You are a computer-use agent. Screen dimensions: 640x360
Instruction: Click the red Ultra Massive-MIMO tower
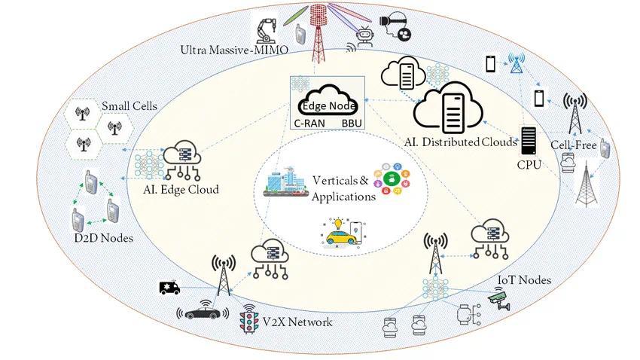coord(318,35)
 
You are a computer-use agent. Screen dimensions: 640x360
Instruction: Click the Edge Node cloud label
coord(328,106)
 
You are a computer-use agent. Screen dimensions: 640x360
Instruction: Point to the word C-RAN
coord(309,124)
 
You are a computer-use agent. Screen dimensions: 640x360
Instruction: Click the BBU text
coord(352,124)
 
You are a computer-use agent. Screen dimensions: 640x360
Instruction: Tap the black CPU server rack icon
coord(528,141)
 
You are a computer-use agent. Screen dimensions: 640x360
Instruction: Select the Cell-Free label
coord(574,145)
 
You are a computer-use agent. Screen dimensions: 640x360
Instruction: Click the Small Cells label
coord(130,106)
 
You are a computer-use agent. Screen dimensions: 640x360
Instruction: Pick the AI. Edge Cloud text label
coord(181,190)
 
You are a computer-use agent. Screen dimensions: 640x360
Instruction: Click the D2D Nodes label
coord(104,238)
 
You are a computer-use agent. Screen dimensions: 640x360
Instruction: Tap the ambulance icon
coord(169,288)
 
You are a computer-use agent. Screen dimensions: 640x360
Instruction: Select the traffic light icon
coord(249,319)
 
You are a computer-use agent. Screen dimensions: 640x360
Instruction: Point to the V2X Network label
coord(297,322)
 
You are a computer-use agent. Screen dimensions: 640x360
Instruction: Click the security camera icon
coord(500,299)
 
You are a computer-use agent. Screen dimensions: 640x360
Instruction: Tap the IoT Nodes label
coord(525,280)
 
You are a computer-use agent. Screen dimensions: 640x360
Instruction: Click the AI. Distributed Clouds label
coord(460,142)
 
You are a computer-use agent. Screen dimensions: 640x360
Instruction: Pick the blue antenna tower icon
coord(517,63)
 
